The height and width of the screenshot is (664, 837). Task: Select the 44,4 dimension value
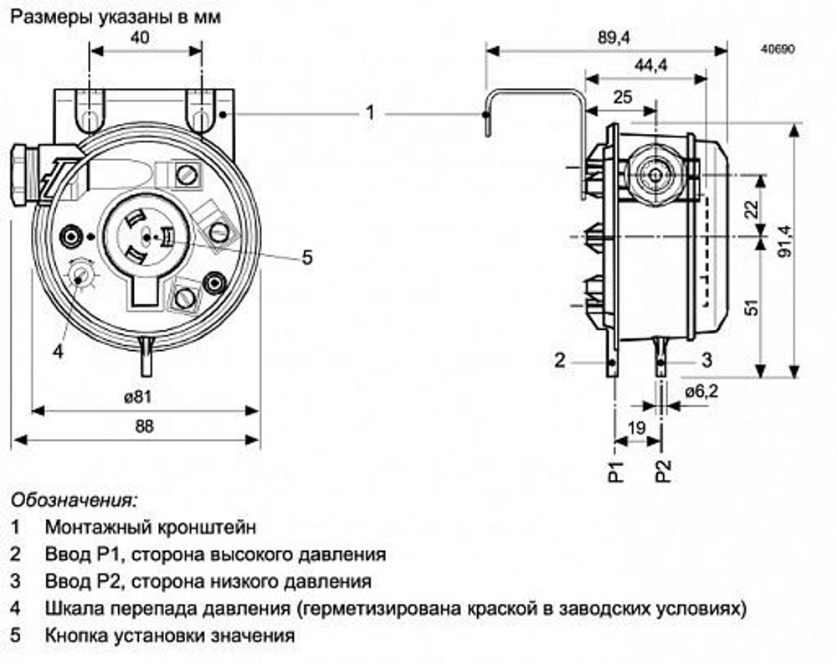tap(644, 67)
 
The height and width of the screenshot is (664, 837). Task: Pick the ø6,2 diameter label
tap(701, 391)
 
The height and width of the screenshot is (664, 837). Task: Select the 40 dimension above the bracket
tap(145, 38)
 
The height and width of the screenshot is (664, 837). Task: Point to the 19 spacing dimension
tap(637, 427)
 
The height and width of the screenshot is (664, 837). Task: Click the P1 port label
tap(616, 473)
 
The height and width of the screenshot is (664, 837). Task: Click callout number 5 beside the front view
tap(307, 258)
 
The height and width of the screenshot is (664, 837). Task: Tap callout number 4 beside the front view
tap(58, 352)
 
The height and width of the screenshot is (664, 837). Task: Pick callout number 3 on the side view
tap(706, 360)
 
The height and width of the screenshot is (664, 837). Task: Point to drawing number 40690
tap(777, 49)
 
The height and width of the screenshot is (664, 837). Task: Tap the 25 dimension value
tap(623, 96)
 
